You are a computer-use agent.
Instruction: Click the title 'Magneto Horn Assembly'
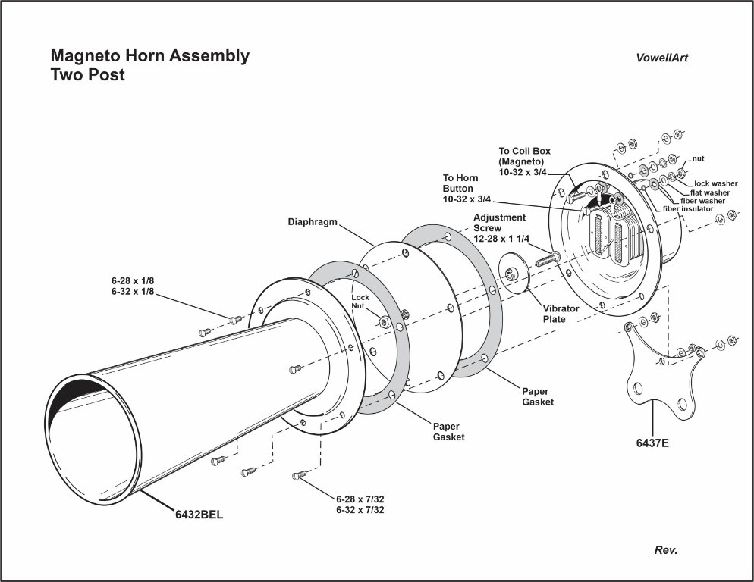pos(149,56)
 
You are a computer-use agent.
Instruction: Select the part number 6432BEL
pos(199,514)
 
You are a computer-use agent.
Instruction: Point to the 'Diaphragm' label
pos(312,223)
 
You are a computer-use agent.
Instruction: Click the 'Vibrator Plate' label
pos(561,314)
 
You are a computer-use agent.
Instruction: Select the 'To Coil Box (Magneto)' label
pos(524,161)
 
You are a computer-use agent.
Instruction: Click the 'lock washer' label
pos(716,183)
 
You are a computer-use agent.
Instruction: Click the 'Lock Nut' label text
pos(360,302)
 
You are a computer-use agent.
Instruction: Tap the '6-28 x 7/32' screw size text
pos(360,499)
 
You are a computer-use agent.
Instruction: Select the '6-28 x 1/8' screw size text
pos(133,280)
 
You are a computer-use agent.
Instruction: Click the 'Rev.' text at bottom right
pos(665,550)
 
